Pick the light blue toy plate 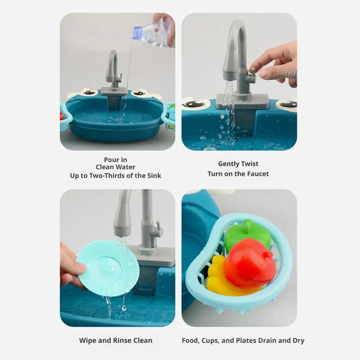click(x=108, y=268)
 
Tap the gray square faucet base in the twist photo click(x=242, y=101)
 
